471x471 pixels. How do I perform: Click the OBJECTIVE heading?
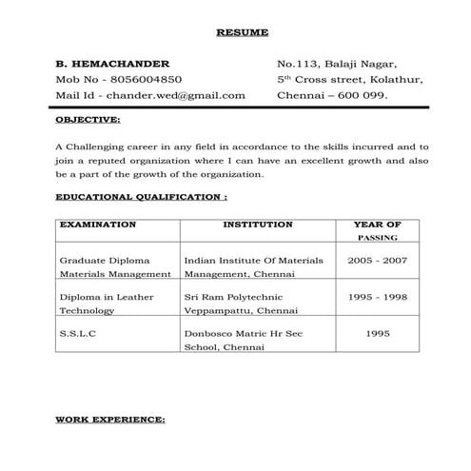coord(88,121)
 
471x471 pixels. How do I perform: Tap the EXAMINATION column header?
coord(98,226)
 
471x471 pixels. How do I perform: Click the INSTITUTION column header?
coord(257,226)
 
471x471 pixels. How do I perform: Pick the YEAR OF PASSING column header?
coord(377,231)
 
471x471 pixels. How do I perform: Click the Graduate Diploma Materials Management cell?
coord(115,266)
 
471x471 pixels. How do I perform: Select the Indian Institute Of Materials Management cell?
coord(253,266)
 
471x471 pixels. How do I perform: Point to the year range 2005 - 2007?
coord(377,260)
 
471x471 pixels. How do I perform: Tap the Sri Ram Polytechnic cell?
coord(242,304)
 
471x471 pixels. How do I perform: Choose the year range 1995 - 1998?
coord(377,297)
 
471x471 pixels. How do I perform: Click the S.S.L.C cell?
coord(77,335)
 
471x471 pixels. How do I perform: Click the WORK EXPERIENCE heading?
coord(110,419)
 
